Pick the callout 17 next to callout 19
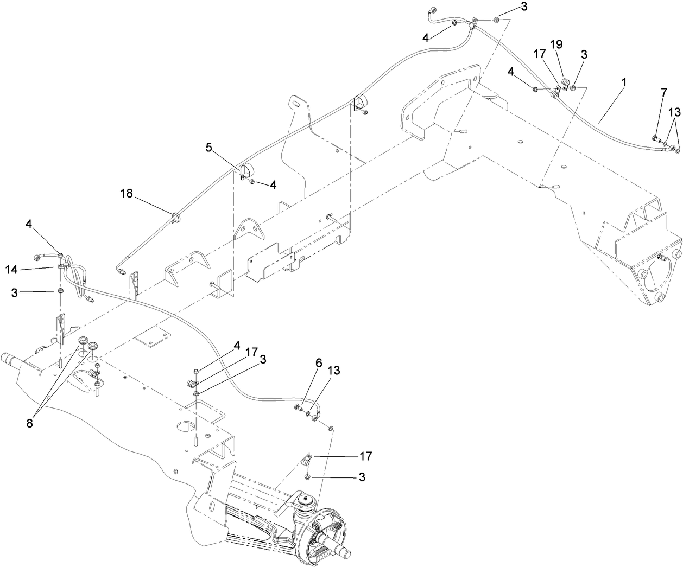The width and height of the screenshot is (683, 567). tap(539, 54)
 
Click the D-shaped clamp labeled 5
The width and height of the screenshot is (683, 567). tap(245, 171)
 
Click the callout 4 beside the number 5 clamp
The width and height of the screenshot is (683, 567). tap(273, 185)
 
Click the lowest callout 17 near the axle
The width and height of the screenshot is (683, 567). tap(366, 456)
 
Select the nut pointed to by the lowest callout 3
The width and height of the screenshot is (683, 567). tap(307, 477)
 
